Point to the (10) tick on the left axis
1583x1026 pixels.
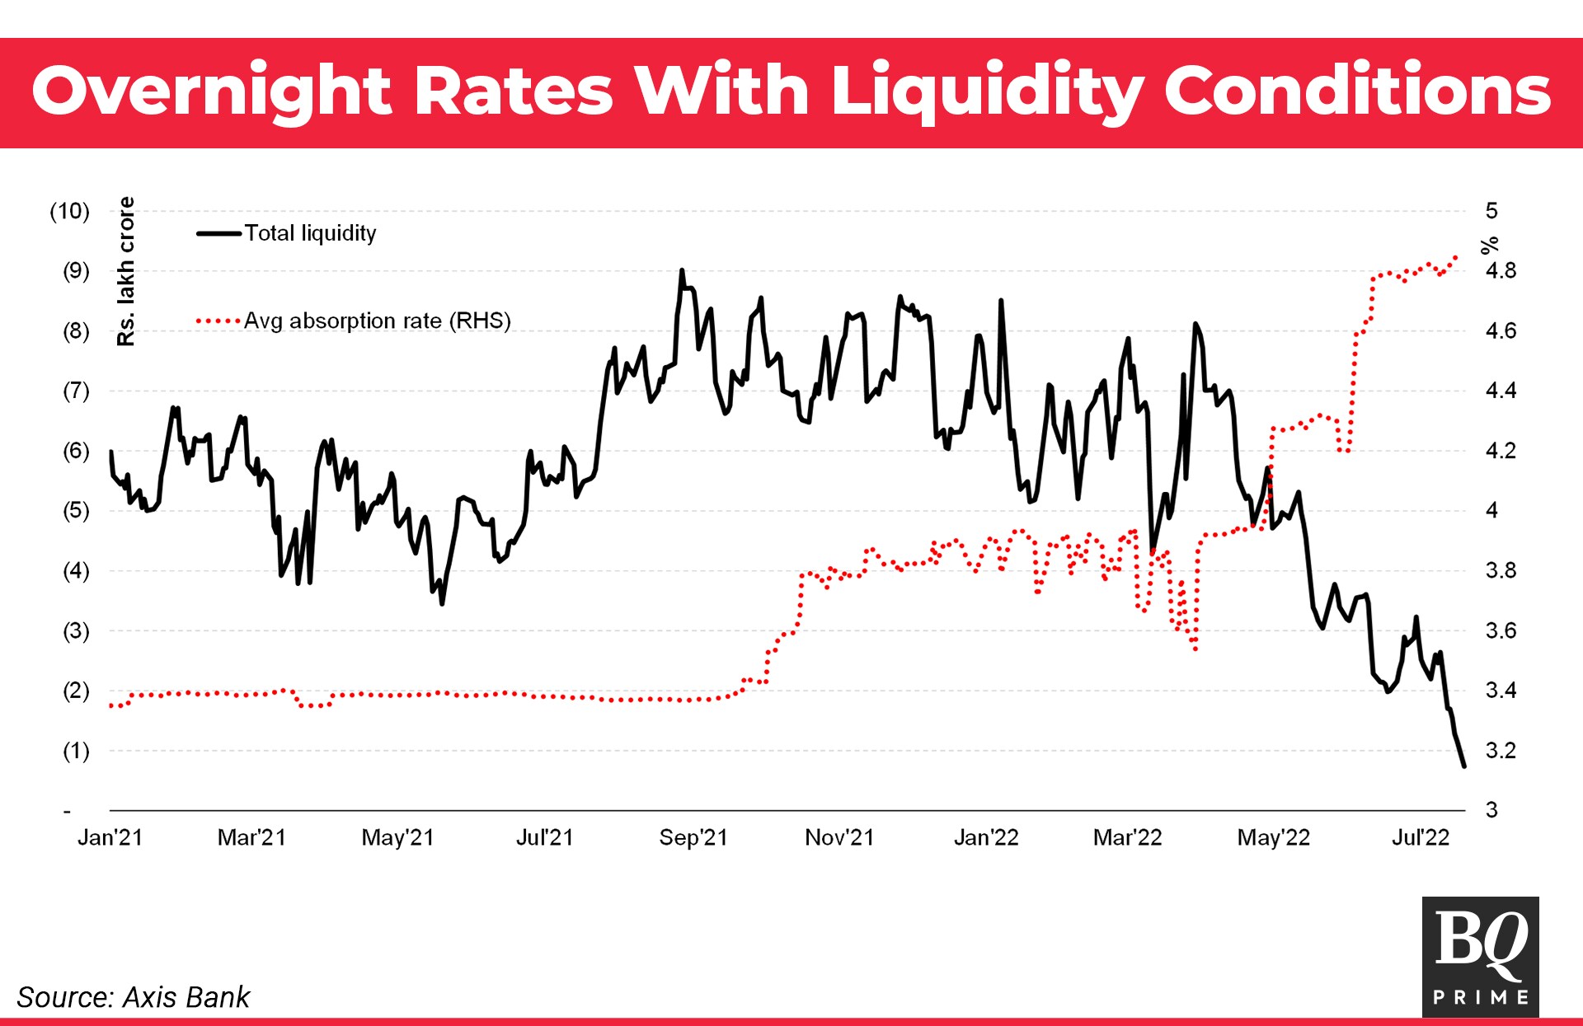69,211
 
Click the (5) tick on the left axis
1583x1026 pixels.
76,510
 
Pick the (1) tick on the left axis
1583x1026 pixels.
76,751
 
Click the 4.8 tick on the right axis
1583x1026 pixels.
1500,271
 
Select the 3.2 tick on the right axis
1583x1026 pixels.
1500,751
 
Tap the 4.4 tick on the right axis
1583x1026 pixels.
1500,391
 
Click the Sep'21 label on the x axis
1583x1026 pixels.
693,837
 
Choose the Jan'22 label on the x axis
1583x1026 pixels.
985,837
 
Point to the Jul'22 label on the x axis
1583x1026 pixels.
1420,837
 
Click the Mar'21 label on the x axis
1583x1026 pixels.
251,837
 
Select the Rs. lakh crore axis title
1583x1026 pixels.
125,271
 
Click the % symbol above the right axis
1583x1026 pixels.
1489,245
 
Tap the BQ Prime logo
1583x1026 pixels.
1480,956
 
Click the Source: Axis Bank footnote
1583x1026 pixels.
133,997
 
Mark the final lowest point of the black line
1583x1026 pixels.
1464,766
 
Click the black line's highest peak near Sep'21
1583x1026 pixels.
682,270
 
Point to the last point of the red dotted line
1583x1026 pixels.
1456,257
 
